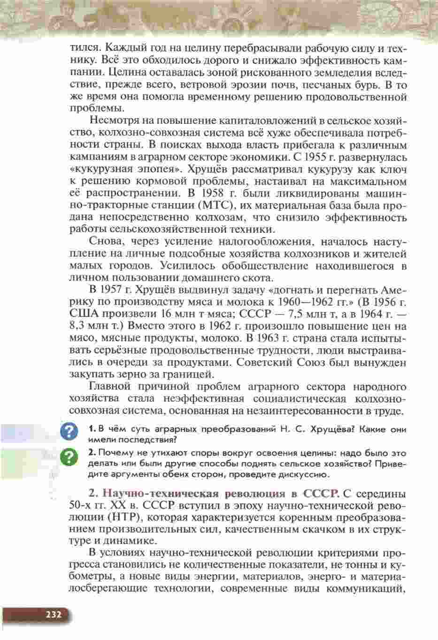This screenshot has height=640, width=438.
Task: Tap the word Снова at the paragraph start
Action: [106, 242]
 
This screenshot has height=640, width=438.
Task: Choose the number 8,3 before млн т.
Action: [78, 326]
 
